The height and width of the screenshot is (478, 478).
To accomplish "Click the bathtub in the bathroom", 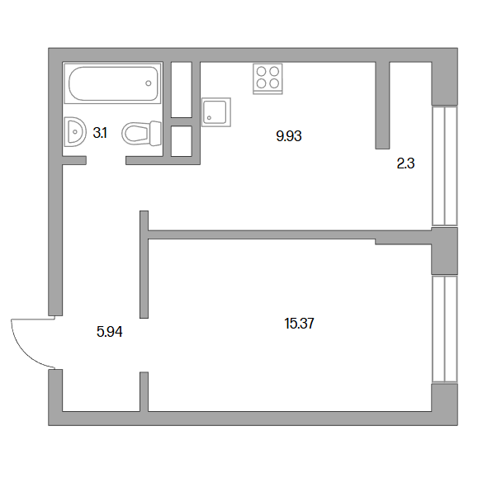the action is (112, 83).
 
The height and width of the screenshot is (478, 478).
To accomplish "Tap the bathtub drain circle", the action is (149, 83).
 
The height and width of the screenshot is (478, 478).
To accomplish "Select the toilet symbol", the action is (141, 134).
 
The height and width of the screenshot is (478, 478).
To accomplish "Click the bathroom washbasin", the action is (74, 132).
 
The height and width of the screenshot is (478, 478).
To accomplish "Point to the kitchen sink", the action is (216, 112).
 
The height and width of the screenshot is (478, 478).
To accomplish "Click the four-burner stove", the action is (267, 78).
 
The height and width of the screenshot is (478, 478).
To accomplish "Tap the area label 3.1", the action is (100, 133).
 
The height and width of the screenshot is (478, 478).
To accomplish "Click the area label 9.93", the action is (289, 136).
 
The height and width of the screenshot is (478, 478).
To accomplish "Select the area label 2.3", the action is (405, 163).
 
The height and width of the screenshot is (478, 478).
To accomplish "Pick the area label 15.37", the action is (299, 324).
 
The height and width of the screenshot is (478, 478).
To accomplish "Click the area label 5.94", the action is (110, 332).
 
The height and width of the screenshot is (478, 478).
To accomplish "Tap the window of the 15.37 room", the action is (445, 329).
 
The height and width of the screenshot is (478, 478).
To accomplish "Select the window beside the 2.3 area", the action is (445, 166).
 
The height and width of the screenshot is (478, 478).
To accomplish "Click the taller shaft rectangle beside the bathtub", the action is (182, 90).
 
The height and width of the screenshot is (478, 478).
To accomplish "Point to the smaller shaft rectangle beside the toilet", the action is (182, 141).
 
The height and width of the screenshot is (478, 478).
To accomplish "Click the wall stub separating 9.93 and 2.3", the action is (382, 106).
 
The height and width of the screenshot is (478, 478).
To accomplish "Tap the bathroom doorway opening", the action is (106, 160).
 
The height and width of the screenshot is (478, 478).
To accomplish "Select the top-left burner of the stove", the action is (261, 71).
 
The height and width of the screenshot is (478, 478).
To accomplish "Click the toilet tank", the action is (156, 134).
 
